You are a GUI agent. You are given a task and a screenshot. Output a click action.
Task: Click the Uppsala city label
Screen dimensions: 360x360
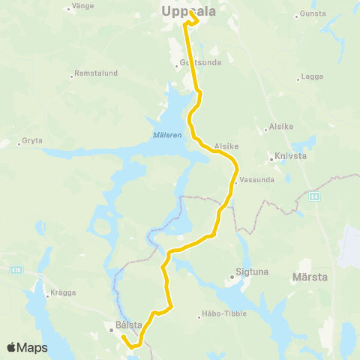coord(187,10)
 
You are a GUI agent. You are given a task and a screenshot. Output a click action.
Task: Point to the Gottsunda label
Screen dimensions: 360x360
coord(200,63)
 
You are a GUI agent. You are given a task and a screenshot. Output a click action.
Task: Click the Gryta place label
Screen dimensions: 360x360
coord(32,140)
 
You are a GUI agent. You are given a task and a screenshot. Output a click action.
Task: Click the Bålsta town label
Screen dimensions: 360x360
coord(128,326)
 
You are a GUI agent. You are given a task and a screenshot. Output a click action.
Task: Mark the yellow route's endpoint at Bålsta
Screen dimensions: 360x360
coord(123,337)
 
